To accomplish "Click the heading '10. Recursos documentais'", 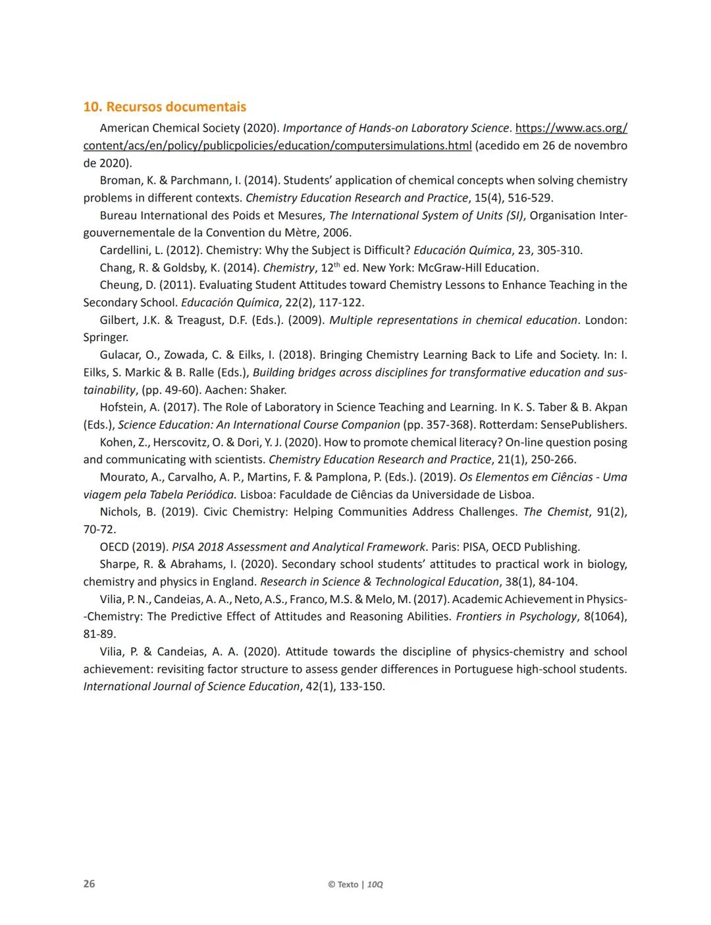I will [165, 107].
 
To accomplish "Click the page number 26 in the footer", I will [89, 884].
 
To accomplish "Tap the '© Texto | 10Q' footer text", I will [355, 884].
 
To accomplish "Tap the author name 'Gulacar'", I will [120, 355].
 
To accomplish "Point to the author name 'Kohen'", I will [116, 442].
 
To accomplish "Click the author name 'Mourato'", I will [121, 477].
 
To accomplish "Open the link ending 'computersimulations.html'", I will [277, 145].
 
